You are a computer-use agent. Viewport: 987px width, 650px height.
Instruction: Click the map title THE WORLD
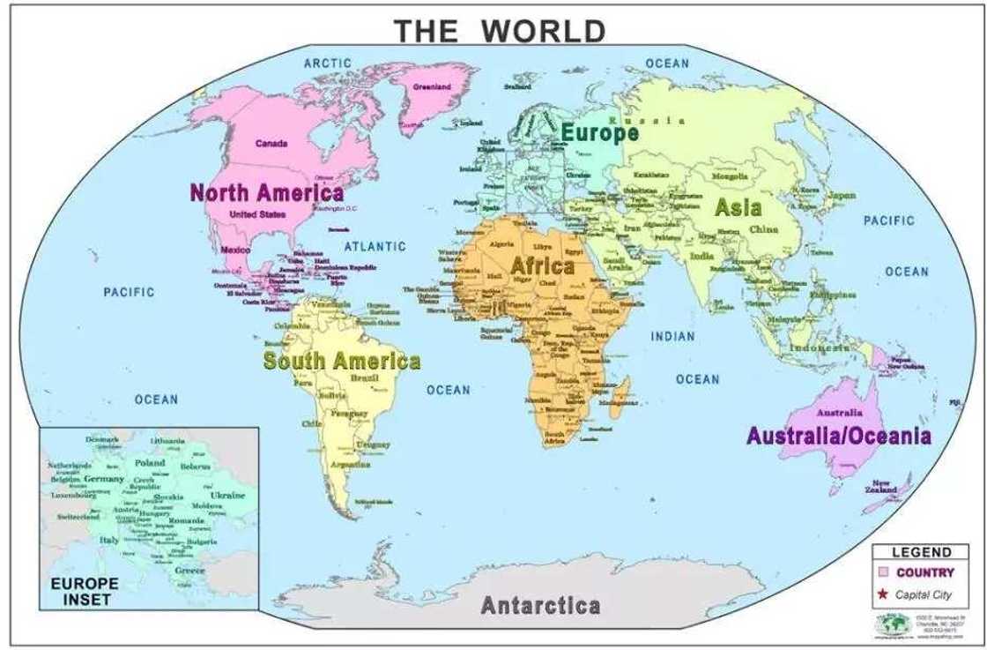[x=500, y=31]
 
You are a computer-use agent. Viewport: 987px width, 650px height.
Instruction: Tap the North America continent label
[x=267, y=192]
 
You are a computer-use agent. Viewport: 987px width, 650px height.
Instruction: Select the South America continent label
[x=342, y=361]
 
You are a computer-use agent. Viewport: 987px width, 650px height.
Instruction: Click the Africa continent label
[x=543, y=265]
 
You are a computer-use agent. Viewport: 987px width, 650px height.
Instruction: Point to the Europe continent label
[x=600, y=133]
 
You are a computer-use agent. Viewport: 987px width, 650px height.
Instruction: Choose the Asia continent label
[x=738, y=208]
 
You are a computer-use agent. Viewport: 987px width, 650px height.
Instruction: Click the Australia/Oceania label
[x=838, y=436]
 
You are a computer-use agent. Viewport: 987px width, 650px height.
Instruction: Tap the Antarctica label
[x=541, y=606]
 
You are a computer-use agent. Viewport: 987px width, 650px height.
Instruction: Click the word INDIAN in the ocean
[x=673, y=336]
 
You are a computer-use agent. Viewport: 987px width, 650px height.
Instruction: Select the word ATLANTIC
[x=375, y=246]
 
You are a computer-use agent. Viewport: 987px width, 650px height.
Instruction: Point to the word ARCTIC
[x=328, y=63]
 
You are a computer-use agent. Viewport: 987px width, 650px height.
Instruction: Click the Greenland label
[x=432, y=87]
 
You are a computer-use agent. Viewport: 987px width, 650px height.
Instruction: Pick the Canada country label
[x=271, y=144]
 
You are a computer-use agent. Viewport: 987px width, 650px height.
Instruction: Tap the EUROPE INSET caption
[x=84, y=591]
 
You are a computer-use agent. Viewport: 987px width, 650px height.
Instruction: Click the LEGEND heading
[x=922, y=553]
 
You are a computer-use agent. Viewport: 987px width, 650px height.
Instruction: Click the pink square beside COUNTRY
[x=883, y=572]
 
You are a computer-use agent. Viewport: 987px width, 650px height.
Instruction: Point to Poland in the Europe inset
[x=150, y=462]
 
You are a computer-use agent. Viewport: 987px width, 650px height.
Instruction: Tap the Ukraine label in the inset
[x=229, y=495]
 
